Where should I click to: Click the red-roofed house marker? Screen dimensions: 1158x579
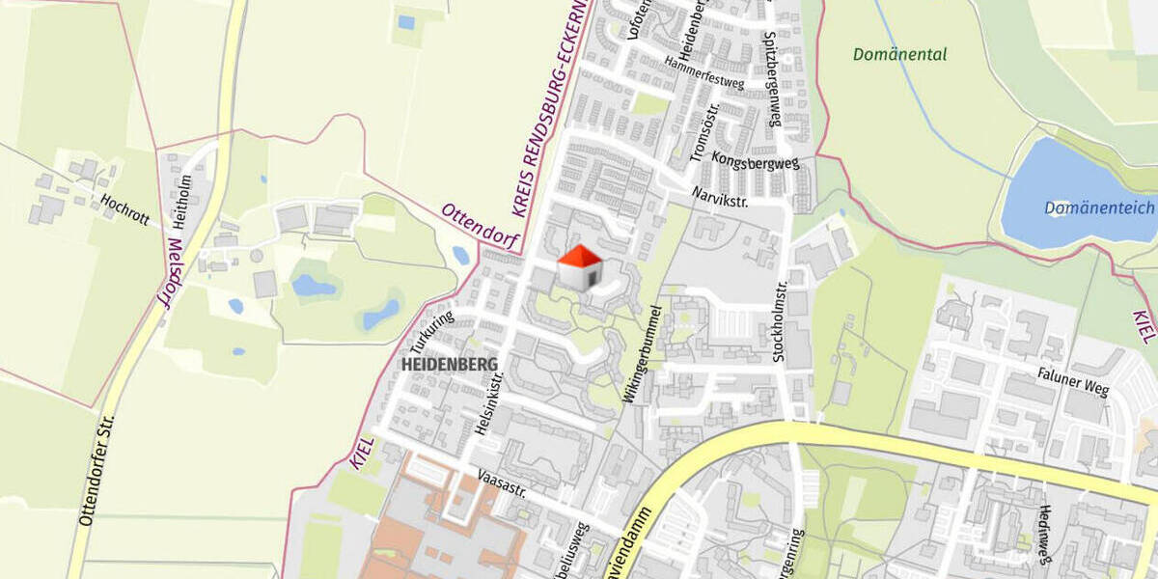tap(580, 267)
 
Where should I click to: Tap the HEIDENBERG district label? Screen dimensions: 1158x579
tap(450, 364)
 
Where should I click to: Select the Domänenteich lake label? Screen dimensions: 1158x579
tap(1099, 207)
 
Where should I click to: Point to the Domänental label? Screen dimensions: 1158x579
tap(899, 55)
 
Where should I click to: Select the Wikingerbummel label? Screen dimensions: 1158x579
tap(645, 354)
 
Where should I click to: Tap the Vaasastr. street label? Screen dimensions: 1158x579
tap(502, 482)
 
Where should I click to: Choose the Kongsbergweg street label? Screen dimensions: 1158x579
tap(756, 159)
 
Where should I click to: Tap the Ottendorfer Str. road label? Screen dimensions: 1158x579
tap(96, 470)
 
